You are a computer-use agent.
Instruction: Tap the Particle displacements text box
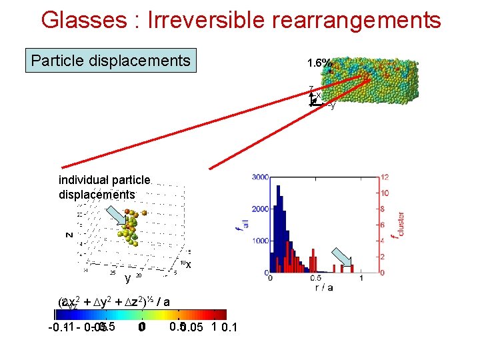coord(111,61)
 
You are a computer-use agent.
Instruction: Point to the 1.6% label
coord(319,63)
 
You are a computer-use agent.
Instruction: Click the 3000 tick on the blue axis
coord(259,177)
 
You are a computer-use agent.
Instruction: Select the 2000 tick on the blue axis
coord(259,209)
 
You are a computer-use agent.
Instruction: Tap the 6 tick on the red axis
coord(384,225)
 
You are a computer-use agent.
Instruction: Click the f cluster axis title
coord(399,225)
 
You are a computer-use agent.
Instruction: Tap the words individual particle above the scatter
coord(105,181)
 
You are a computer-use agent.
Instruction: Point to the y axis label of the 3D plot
coord(127,279)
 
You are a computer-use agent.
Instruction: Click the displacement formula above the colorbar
coord(113,302)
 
